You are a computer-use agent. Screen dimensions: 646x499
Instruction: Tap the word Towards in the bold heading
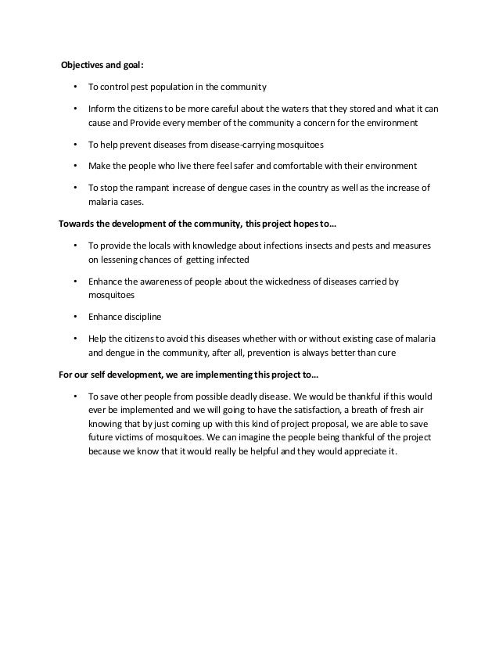tap(78, 224)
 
